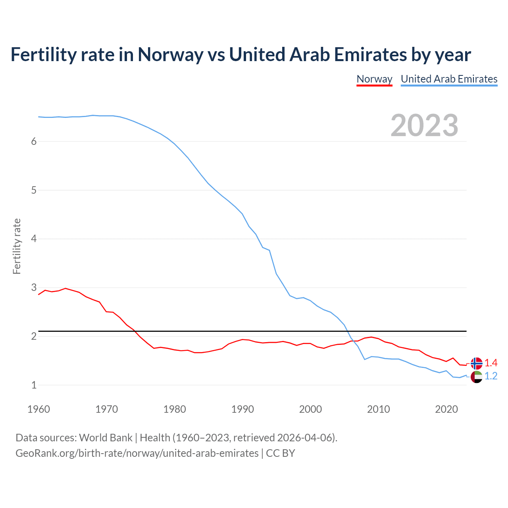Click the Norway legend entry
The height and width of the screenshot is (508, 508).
(x=374, y=79)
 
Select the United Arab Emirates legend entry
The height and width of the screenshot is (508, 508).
(x=449, y=79)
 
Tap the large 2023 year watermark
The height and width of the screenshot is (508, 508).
(x=424, y=125)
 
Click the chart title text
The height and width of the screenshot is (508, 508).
(x=241, y=54)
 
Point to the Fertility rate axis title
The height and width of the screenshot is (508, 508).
(x=17, y=246)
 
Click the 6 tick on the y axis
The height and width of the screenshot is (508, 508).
(x=34, y=142)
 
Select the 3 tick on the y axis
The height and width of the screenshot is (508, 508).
(x=34, y=287)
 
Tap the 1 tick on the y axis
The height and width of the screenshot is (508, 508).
(x=34, y=385)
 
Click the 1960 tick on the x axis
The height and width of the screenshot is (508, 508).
(x=38, y=409)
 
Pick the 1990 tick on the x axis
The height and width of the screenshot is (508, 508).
(x=242, y=409)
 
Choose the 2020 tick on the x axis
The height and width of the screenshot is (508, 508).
(x=446, y=409)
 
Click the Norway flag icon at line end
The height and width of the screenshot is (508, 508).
(x=476, y=363)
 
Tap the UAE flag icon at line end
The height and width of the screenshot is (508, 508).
(x=476, y=377)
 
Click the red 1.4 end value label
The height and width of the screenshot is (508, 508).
(x=491, y=363)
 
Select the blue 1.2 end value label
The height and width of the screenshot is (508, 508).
(x=491, y=376)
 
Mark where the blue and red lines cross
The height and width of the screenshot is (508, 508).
(x=352, y=341)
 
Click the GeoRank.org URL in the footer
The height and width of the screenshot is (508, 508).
(x=137, y=453)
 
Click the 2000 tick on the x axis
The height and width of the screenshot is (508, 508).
(x=310, y=409)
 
